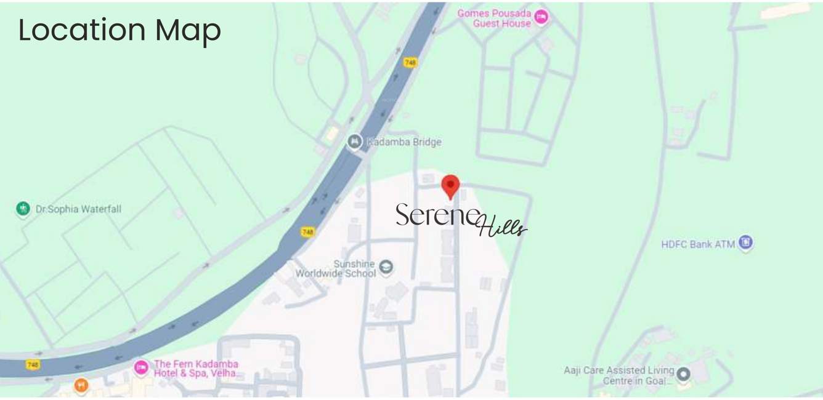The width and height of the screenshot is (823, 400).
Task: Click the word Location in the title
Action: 82,30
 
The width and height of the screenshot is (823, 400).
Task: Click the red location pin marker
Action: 450,186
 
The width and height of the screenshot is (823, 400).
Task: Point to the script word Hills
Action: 502,226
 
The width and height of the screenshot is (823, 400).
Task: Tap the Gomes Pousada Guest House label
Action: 494,18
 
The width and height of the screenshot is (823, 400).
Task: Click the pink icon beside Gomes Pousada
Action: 541,17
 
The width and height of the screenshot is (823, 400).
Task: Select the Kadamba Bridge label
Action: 404,142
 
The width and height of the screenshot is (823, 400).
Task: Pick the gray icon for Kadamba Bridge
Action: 354,142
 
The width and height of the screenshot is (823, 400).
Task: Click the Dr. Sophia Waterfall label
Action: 78,209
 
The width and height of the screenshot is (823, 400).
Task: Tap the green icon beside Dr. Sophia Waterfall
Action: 23,209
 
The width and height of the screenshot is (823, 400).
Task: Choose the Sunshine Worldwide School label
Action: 336,268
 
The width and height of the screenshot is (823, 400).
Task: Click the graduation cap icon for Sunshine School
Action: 386,267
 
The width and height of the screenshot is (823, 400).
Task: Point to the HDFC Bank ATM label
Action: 698,244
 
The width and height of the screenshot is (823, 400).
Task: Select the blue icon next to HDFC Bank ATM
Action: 745,242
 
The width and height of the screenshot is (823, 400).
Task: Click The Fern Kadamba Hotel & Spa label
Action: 196,369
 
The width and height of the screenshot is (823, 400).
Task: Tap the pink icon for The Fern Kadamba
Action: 141,367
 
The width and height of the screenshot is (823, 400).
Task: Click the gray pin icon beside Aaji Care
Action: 683,374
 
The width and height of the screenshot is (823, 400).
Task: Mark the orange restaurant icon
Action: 81,386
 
